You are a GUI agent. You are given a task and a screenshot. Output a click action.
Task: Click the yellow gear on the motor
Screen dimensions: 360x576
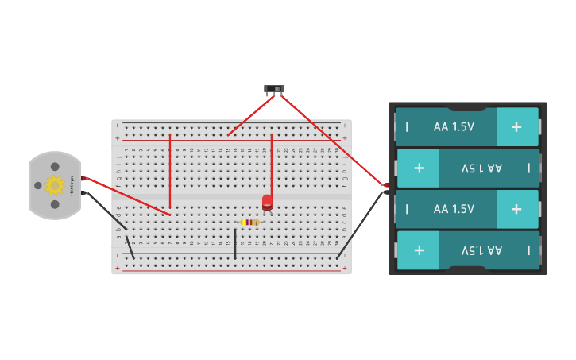pyautogui.click(x=54, y=185)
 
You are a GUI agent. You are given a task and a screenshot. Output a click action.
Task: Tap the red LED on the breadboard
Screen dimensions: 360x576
pyautogui.click(x=267, y=203)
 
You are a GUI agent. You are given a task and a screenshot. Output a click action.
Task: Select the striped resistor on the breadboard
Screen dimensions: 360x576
pyautogui.click(x=249, y=222)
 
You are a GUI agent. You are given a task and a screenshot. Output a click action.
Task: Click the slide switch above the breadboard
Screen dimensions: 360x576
pyautogui.click(x=274, y=88)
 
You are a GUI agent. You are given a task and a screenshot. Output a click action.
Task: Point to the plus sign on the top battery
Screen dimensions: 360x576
pyautogui.click(x=516, y=126)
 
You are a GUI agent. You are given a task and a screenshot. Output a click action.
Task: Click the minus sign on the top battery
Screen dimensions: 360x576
pyautogui.click(x=407, y=127)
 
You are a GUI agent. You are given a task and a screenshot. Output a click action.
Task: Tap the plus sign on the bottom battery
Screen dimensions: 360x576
pyautogui.click(x=419, y=250)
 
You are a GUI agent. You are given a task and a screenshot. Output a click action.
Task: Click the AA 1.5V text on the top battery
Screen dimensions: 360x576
pyautogui.click(x=454, y=126)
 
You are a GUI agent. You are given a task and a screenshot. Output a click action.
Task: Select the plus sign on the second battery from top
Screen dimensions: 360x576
pyautogui.click(x=419, y=168)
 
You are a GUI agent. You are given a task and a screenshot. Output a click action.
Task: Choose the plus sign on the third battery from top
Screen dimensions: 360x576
pyautogui.click(x=516, y=209)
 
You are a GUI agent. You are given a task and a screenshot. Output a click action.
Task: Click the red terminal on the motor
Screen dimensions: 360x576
pyautogui.click(x=83, y=179)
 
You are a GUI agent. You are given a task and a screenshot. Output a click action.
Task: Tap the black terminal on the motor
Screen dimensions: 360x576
pyautogui.click(x=83, y=192)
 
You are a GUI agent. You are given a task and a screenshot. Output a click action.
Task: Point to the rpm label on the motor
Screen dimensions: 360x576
pyautogui.click(x=72, y=185)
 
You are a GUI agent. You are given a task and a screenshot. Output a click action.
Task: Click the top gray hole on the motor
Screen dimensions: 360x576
pyautogui.click(x=55, y=167)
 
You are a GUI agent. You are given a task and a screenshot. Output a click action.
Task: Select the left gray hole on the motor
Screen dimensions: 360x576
pyautogui.click(x=37, y=185)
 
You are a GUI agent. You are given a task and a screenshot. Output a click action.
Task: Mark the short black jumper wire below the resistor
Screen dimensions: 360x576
pyautogui.click(x=235, y=243)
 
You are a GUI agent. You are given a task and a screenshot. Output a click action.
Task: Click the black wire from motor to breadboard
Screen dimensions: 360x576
pyautogui.click(x=107, y=211)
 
